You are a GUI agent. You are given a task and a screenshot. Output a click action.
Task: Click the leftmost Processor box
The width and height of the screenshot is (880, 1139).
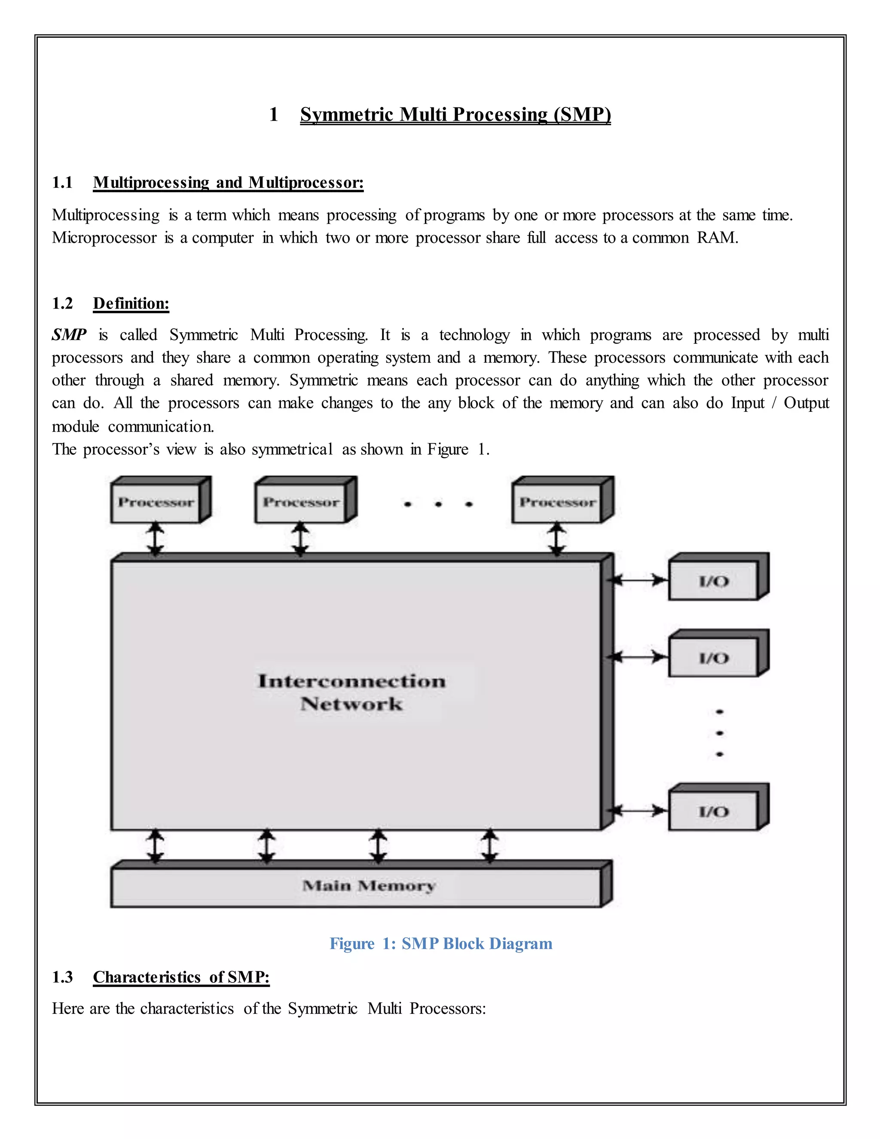coord(156,502)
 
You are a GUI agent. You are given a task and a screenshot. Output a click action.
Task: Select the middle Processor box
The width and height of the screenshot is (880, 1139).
coord(301,502)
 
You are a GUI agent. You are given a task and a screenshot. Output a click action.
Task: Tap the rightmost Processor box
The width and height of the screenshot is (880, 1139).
coord(557,502)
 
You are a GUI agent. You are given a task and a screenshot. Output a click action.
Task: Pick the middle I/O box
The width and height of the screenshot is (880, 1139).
coord(713,658)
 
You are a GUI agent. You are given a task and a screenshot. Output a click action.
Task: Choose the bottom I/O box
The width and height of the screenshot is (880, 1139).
coord(713,811)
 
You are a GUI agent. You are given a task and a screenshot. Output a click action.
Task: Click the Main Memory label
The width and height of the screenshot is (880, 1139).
coord(369,885)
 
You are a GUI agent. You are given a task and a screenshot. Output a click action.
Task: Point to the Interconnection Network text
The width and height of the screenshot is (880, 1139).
coord(352,692)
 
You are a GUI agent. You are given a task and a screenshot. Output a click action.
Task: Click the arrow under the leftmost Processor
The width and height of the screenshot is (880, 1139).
coord(156,539)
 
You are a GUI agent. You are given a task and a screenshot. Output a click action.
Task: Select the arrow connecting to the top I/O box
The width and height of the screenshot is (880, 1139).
coord(639,580)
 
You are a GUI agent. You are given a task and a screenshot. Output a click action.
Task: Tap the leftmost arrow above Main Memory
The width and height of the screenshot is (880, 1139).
coord(156,846)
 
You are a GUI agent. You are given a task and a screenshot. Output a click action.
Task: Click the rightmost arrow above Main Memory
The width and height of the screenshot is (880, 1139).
coord(489,846)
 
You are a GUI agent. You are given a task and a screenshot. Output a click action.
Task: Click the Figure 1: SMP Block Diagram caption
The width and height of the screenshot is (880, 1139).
coord(440,943)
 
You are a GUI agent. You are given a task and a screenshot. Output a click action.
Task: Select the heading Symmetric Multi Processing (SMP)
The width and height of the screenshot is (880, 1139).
coord(455,114)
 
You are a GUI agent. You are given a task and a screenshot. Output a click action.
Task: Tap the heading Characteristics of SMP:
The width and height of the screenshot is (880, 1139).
coord(181,977)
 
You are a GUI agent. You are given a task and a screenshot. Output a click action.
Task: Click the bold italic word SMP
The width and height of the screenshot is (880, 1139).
coord(69,335)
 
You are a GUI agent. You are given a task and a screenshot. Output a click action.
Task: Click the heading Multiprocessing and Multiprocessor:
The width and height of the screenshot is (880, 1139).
coord(228,183)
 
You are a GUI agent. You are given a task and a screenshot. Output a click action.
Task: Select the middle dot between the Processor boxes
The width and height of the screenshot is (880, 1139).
coord(438,504)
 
